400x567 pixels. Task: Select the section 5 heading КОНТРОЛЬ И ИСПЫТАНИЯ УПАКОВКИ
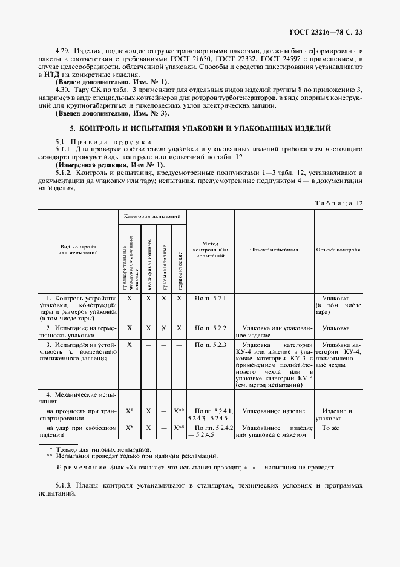pos(200,129)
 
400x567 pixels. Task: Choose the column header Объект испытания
pos(274,250)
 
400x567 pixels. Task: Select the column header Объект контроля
pos(338,250)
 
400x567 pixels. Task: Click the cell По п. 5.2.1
pos(210,299)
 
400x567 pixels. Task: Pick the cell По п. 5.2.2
pos(210,328)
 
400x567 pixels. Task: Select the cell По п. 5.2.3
pos(210,345)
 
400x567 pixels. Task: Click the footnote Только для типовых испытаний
pos(103,449)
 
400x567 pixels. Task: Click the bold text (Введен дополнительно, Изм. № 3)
pos(112,113)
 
